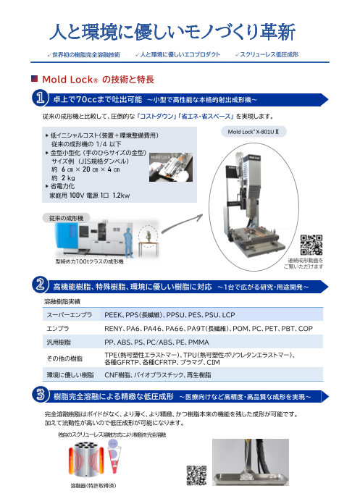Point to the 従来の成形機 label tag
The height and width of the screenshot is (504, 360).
[67, 217]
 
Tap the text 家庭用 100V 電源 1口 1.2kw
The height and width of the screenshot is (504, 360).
[88, 195]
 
